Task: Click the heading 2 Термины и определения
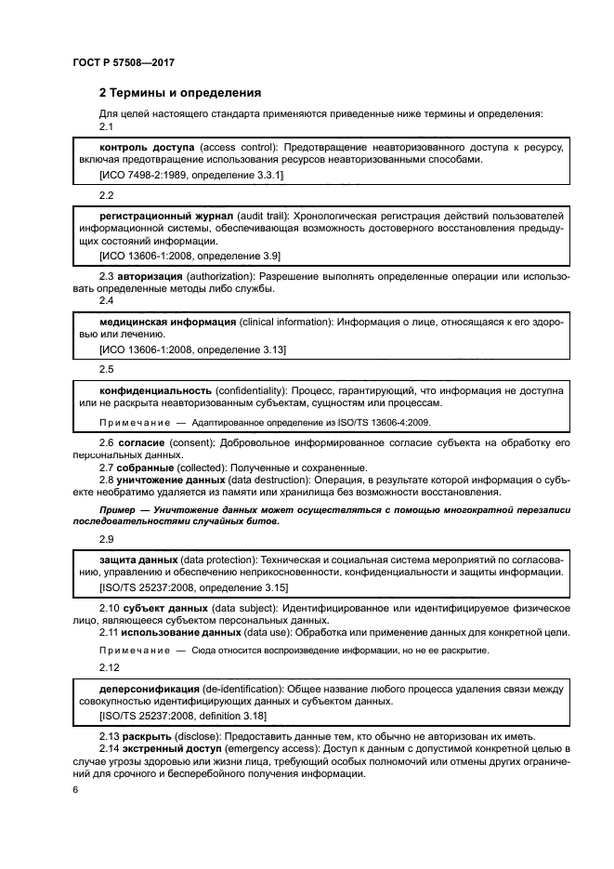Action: [180, 93]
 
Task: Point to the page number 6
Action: [75, 789]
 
